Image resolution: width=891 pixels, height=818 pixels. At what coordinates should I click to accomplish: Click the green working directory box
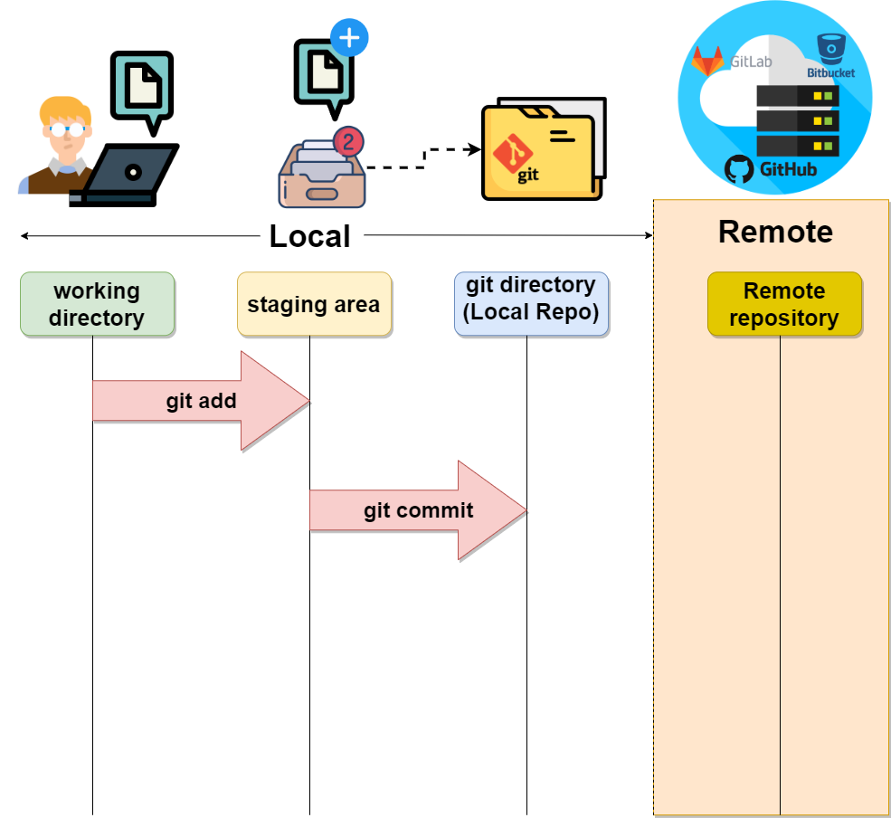click(97, 304)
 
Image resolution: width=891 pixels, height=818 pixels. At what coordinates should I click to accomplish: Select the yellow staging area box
click(314, 304)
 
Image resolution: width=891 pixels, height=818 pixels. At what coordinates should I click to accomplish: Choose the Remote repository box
click(784, 304)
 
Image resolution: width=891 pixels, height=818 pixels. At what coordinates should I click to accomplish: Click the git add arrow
click(201, 401)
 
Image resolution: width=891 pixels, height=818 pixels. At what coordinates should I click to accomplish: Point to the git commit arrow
click(418, 510)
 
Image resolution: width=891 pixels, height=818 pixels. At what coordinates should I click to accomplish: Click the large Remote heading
click(775, 232)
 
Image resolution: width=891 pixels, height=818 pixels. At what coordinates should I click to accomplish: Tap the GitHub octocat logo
click(739, 169)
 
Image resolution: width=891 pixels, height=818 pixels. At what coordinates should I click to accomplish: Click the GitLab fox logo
click(707, 62)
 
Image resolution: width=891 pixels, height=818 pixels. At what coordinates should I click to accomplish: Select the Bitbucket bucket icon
click(829, 47)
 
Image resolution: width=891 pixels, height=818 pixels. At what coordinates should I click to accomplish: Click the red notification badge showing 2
click(348, 141)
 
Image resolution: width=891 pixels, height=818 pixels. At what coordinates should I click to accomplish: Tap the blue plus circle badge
click(350, 38)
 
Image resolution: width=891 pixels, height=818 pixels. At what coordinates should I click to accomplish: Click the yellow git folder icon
click(541, 151)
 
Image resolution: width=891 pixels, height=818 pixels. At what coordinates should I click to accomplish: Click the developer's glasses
click(66, 128)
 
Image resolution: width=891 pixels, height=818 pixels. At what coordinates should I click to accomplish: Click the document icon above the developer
click(142, 86)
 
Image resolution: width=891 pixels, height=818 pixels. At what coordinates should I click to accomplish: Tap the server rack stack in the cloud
click(798, 120)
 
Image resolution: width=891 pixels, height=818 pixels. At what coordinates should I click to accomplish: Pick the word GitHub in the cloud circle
click(788, 169)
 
